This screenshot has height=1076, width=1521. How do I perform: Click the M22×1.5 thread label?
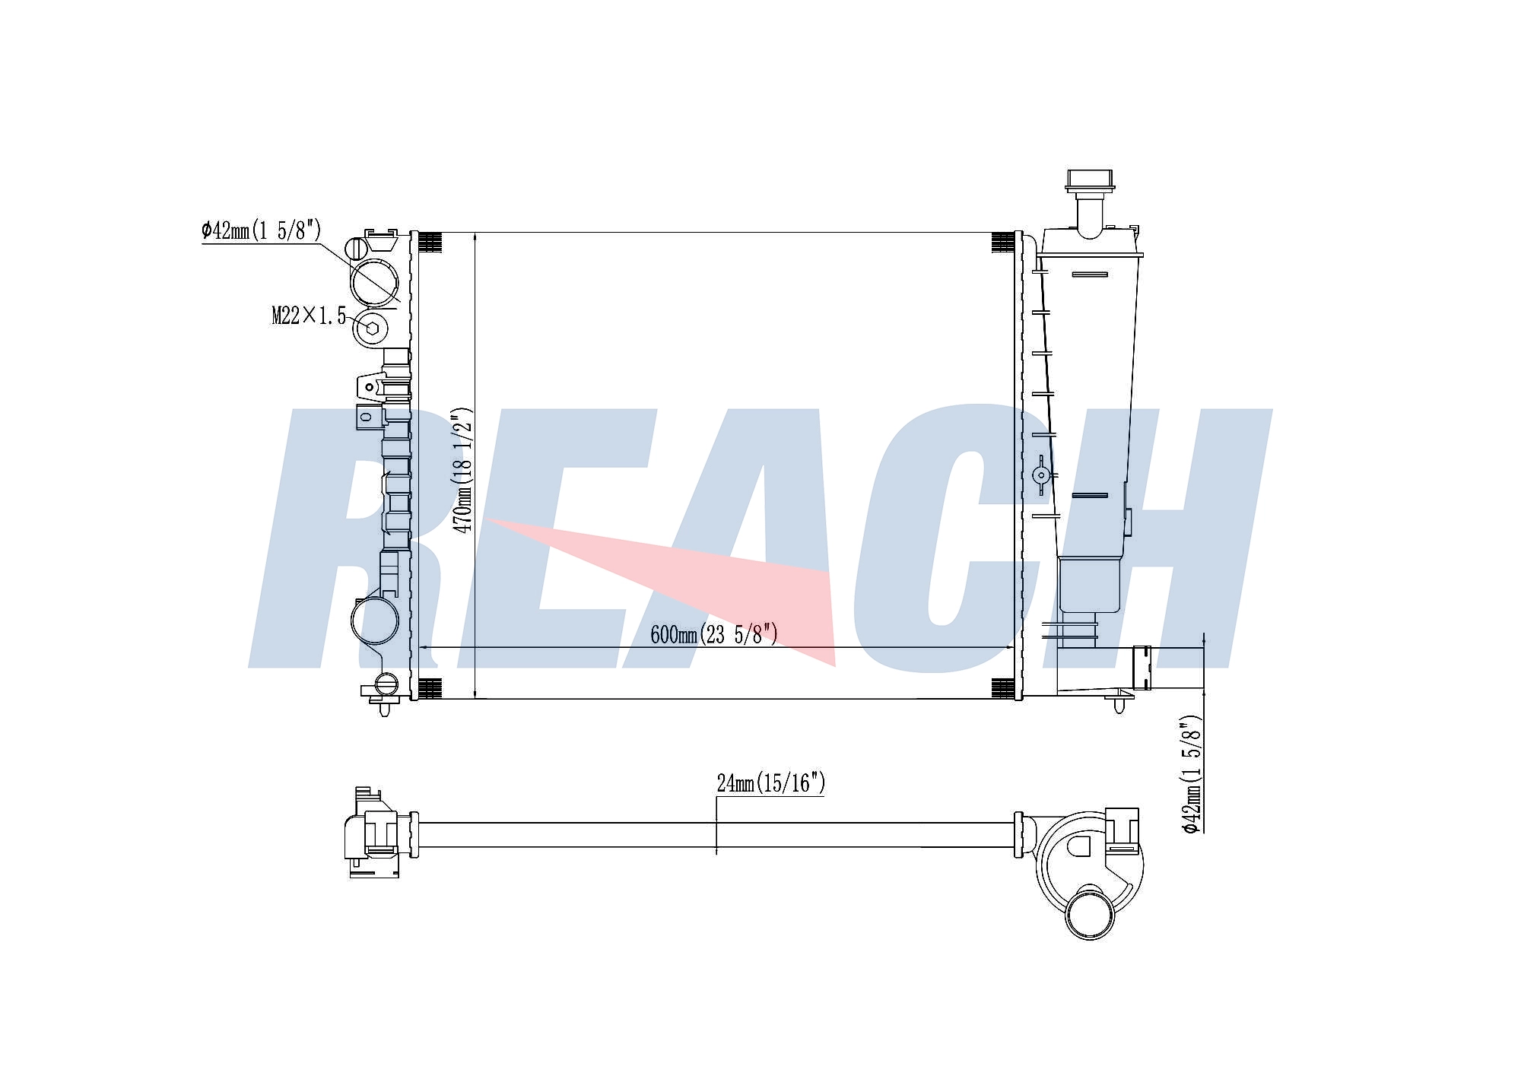coord(309,316)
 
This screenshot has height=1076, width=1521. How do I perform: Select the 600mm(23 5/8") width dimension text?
coord(714,634)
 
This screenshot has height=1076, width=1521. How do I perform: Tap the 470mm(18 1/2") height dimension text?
coord(462,469)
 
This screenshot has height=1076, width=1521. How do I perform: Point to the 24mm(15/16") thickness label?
coord(770,783)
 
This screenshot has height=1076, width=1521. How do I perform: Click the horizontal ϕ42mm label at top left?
coord(261,230)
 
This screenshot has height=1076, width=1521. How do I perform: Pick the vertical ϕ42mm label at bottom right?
coord(1191,774)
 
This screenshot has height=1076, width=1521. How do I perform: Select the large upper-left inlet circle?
coord(374,283)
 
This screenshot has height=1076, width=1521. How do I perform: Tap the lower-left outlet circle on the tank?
coord(374,621)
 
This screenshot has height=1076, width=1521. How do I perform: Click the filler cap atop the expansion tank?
coord(1090,181)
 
